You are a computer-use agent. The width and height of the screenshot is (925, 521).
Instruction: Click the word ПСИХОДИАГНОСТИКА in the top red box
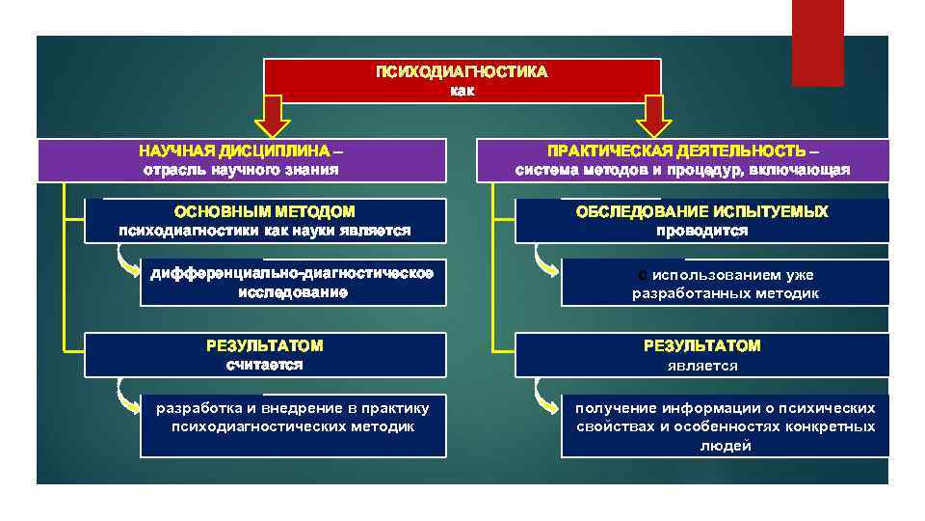point(462,72)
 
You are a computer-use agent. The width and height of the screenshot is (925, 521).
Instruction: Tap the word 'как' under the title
point(462,91)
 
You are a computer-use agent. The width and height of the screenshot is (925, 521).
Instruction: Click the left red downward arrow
point(272,116)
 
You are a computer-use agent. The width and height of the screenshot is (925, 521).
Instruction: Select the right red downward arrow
point(654,116)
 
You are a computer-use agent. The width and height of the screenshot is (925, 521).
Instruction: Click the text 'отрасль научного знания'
point(241,170)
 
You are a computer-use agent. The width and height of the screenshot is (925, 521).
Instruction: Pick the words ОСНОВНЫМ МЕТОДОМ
point(264,211)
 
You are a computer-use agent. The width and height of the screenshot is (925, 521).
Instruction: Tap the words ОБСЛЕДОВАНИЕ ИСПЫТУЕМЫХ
point(701,211)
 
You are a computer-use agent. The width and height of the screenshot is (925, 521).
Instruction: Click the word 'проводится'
point(701,232)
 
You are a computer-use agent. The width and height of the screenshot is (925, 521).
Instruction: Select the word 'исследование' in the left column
point(293,291)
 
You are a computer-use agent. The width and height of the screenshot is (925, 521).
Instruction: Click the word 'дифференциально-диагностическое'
point(293,273)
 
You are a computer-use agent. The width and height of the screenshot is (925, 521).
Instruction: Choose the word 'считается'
point(264,365)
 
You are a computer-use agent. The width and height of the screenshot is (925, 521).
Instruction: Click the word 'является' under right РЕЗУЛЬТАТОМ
point(701,366)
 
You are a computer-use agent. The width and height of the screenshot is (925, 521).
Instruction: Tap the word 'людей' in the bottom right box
point(726,445)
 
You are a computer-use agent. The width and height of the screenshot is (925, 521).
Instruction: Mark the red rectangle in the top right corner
point(817,42)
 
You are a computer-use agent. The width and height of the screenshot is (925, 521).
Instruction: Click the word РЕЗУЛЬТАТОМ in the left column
point(264,345)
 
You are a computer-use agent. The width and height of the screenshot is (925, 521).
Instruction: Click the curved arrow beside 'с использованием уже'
point(545,266)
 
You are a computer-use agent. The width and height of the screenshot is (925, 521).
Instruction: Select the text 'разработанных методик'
point(726,293)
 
